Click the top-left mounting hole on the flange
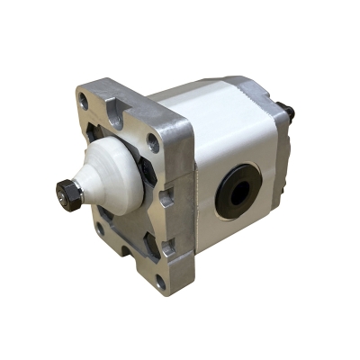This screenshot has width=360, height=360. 84,103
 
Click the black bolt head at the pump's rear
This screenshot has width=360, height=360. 290,114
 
